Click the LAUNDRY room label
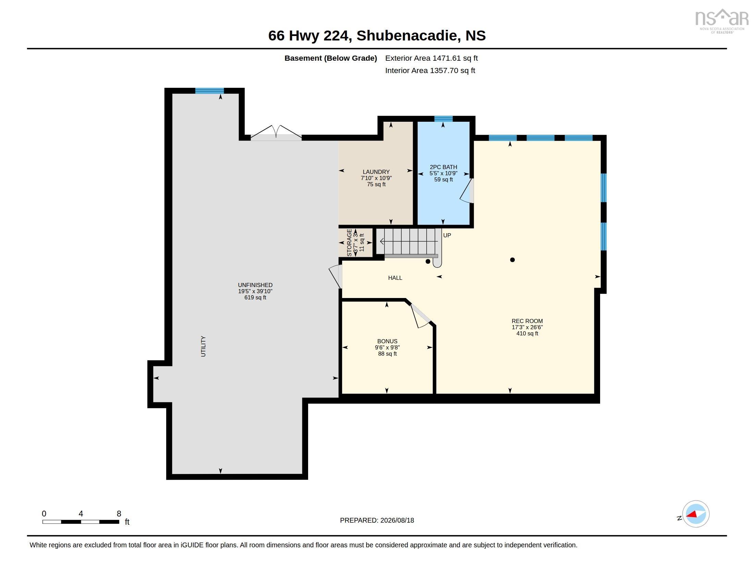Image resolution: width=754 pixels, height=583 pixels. tap(376, 172)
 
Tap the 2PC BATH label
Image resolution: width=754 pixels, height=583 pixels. tap(443, 167)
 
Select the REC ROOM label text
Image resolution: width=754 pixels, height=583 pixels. tap(527, 321)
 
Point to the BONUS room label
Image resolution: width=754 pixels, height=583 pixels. tap(387, 341)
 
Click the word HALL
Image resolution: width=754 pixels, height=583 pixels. tap(395, 278)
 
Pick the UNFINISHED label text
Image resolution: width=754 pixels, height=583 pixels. tap(255, 285)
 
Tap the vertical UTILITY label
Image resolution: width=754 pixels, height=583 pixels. tap(203, 346)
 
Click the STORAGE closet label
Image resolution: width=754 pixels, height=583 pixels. tap(349, 242)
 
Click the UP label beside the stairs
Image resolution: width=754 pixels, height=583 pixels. tap(447, 235)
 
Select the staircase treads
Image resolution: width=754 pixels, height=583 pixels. tap(409, 241)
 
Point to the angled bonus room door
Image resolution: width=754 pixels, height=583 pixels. tap(420, 316)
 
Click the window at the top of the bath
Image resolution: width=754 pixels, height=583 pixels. tap(443, 118)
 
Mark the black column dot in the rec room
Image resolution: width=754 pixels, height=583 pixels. tap(512, 260)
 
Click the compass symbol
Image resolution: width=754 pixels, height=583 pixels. tap(695, 514)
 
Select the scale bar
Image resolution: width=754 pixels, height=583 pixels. tap(81, 522)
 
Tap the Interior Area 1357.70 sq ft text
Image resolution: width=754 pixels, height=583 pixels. tap(430, 70)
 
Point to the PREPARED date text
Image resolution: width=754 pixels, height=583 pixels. tap(377, 520)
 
